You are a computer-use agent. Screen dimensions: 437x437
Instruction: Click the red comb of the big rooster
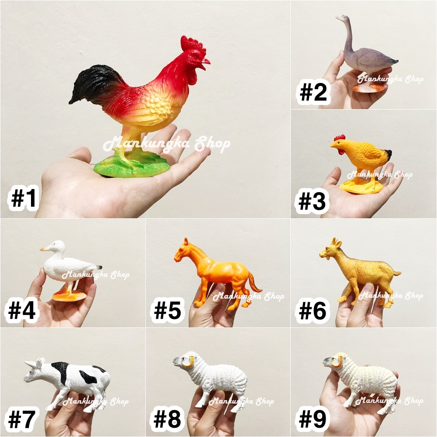click(193, 45)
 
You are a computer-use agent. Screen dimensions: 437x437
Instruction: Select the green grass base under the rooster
click(132, 166)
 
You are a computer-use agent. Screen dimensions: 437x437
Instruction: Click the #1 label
click(24, 198)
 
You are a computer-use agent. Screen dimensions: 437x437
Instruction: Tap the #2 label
click(313, 93)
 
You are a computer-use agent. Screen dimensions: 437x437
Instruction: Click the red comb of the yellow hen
click(339, 138)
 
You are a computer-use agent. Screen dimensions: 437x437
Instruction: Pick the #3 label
click(312, 202)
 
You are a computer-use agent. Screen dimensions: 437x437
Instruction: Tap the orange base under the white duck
click(69, 296)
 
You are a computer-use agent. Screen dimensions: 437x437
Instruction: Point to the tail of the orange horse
click(255, 282)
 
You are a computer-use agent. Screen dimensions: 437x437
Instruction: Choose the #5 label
click(168, 310)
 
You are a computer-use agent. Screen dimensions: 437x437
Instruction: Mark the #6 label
click(313, 311)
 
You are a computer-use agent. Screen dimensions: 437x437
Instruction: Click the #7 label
click(22, 419)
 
